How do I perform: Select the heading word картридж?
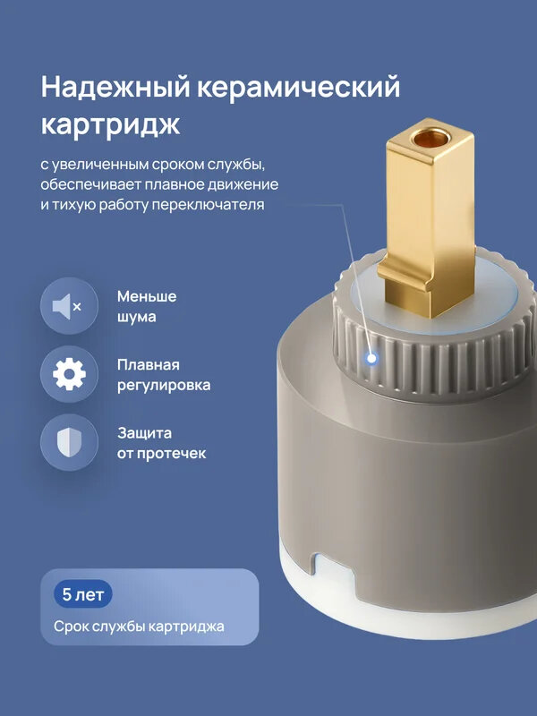(110, 125)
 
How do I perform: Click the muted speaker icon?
(68, 307)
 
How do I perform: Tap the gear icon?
(68, 375)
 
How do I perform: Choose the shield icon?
(68, 442)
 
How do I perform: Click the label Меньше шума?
(147, 306)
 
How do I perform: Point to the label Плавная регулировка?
(164, 375)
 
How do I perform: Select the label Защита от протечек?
(161, 442)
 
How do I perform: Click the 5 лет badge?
(82, 593)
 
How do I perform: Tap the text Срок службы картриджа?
(139, 626)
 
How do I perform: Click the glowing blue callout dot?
(371, 358)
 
